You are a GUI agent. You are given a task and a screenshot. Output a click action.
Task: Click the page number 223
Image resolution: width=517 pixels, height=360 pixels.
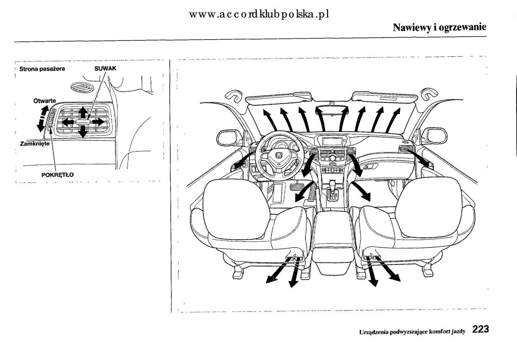tap(480, 330)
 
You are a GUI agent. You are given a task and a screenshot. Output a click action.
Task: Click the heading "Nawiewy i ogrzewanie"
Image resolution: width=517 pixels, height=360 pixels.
tap(439, 27)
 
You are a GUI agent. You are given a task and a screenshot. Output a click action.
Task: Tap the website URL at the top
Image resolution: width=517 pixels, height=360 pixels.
tap(258, 14)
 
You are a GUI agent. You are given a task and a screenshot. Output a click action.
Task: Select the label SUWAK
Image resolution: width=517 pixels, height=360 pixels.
tap(106, 68)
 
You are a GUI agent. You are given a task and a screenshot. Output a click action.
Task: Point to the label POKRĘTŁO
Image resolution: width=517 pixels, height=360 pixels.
tap(57, 174)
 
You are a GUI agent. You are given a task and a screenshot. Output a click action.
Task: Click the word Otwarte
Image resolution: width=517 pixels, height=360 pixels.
tap(44, 101)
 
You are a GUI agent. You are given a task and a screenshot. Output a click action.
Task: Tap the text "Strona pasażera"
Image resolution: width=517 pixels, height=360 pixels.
tap(41, 69)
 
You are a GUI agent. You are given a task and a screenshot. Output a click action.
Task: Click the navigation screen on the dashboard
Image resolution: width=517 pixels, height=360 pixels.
tap(332, 142)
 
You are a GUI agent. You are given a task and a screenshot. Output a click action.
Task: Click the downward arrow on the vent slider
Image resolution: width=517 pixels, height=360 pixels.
tap(83, 133)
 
